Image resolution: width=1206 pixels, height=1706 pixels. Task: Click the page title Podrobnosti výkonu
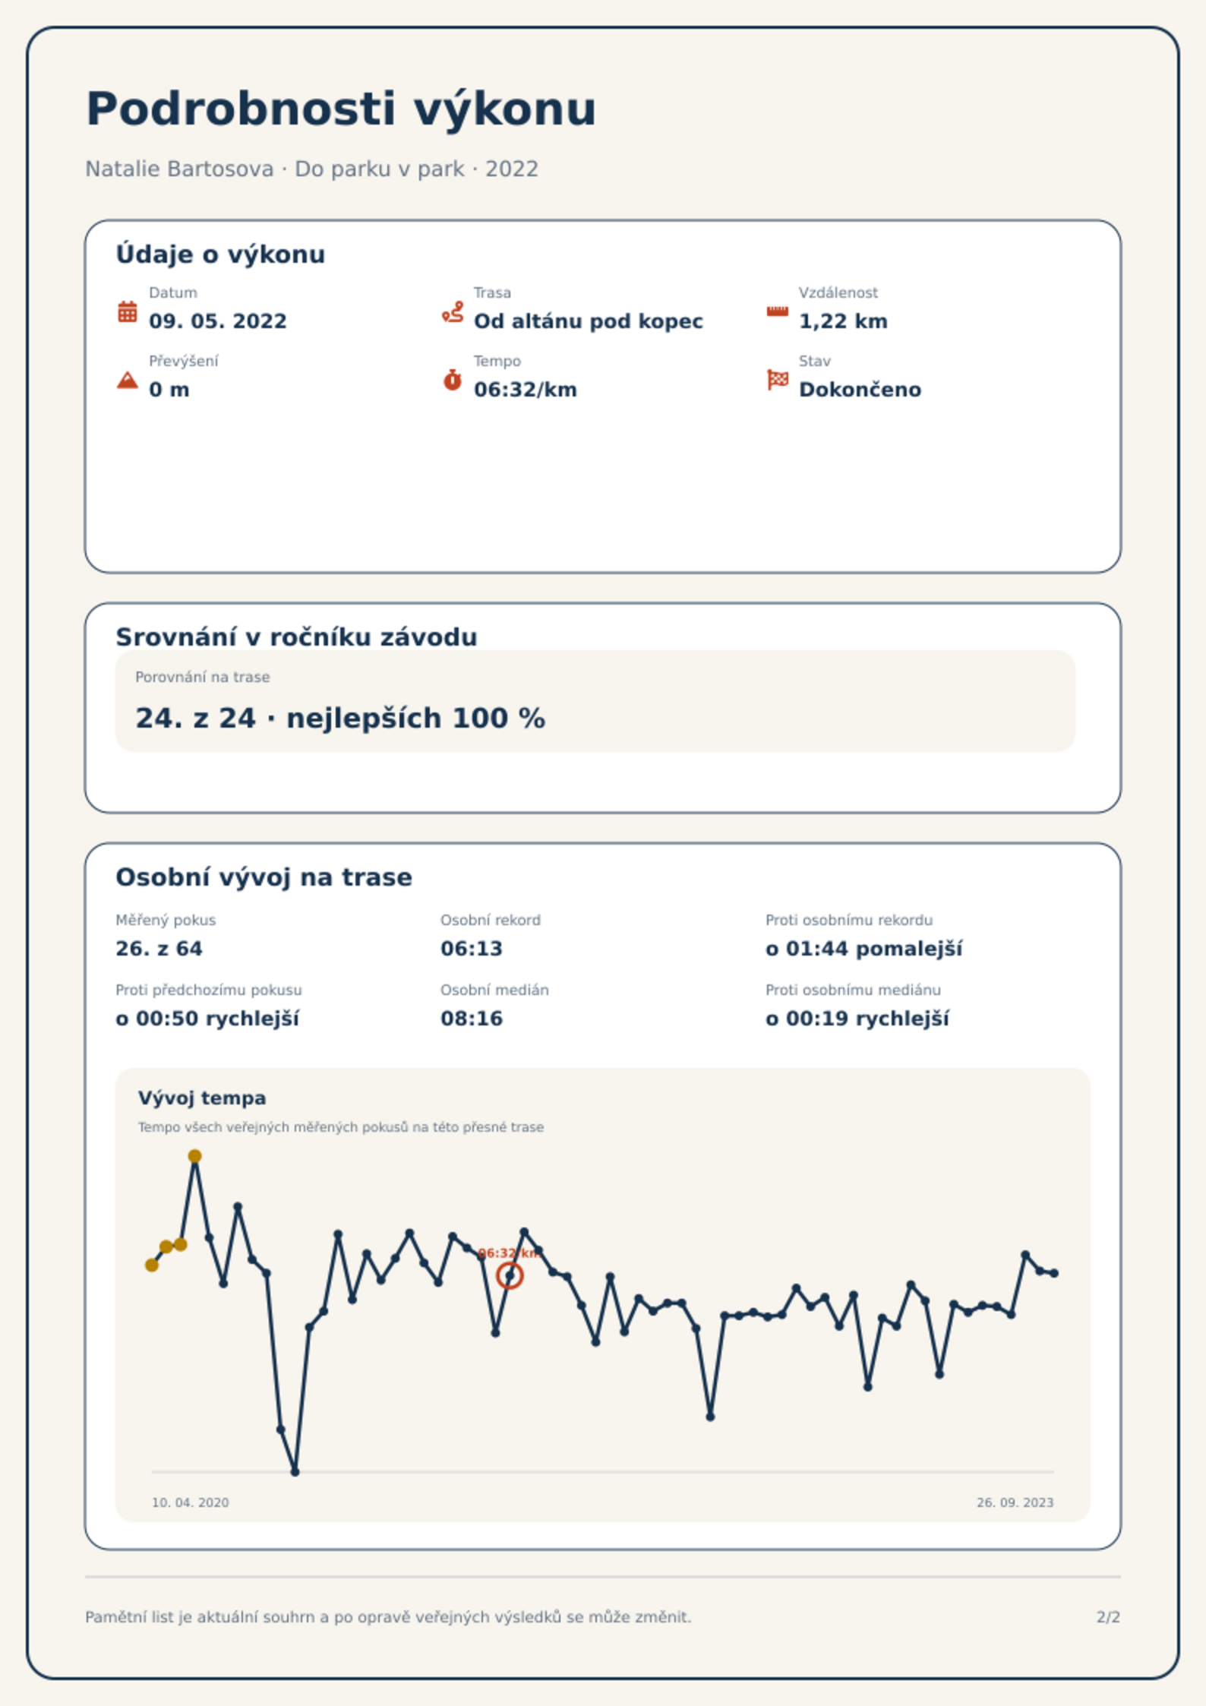[341, 109]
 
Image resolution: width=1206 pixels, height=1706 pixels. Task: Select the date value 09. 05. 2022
[218, 321]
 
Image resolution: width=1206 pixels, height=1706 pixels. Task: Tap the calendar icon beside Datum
[128, 311]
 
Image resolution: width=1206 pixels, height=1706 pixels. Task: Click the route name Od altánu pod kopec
[589, 321]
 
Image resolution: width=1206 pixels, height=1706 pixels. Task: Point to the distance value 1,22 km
[843, 321]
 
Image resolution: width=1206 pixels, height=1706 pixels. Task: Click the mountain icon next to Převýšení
[128, 380]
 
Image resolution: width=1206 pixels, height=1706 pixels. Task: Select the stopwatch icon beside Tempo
[453, 380]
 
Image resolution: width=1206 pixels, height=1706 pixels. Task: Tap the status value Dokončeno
[860, 390]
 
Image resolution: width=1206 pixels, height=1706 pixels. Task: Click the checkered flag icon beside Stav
[778, 380]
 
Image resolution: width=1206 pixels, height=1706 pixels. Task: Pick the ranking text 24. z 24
[195, 718]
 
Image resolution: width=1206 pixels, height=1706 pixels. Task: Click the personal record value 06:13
[472, 949]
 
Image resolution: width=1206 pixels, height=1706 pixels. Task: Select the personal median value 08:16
[472, 1019]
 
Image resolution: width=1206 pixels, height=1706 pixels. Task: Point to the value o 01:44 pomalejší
[864, 949]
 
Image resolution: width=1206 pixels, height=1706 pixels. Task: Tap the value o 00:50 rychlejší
[207, 1019]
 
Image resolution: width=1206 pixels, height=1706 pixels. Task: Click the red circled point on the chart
[510, 1276]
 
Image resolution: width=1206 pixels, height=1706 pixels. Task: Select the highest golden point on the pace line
[195, 1156]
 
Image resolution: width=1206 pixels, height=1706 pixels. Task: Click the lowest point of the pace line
[295, 1472]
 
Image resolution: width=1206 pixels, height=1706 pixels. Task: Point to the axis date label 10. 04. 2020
[190, 1502]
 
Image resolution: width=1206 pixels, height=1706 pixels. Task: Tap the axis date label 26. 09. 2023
[1015, 1502]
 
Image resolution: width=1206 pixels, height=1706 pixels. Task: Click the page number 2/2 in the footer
[1108, 1617]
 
